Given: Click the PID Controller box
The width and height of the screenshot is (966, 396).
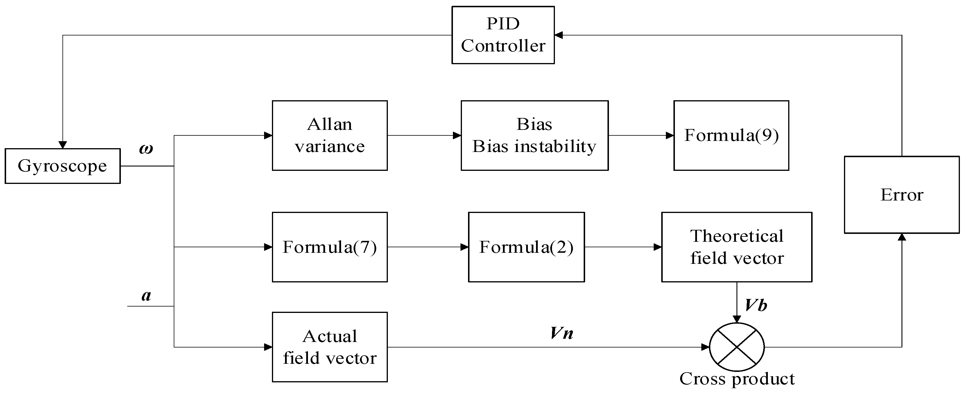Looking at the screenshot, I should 503,35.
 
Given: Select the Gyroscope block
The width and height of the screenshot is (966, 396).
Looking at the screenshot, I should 63,166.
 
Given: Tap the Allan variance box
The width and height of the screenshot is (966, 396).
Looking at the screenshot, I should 330,135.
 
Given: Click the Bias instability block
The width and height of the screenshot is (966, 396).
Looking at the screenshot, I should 534,135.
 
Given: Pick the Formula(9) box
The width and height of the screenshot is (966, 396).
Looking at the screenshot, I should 731,135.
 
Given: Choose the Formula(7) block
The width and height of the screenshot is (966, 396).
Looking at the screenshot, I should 330,247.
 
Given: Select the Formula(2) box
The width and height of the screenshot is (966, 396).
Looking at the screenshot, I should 526,247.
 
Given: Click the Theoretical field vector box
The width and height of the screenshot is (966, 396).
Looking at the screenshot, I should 736,247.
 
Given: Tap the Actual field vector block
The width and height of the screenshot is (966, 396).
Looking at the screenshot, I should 330,347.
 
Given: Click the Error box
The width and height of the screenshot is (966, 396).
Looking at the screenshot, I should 902,195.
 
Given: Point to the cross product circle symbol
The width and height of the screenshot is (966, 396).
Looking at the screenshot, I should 736,347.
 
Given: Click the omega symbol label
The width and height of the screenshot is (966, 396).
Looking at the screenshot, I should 146,149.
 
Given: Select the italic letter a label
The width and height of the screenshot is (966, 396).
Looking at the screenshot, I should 146,296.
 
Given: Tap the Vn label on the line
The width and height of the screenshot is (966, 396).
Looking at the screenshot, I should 561,333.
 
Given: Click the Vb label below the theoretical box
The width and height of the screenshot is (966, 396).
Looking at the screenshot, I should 756,305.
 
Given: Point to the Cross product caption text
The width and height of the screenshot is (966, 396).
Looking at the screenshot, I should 736,379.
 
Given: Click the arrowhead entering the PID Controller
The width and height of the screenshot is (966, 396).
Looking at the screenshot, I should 559,35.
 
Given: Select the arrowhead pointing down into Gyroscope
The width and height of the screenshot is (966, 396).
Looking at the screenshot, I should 63,145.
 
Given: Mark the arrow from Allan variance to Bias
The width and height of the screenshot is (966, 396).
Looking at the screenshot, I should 424,135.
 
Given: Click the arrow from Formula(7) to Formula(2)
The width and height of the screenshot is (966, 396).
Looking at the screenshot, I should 427,247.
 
